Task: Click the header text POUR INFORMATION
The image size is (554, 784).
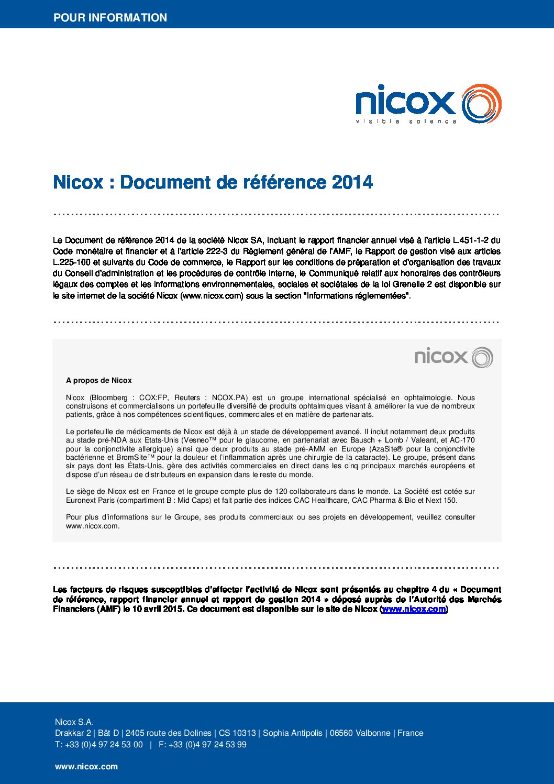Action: point(110,17)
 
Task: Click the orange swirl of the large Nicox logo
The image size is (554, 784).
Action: point(482,104)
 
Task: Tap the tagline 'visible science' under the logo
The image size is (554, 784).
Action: point(406,122)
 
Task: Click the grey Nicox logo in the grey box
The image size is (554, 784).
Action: point(453,357)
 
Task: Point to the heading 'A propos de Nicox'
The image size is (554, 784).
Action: point(98,380)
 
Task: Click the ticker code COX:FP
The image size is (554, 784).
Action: point(153,397)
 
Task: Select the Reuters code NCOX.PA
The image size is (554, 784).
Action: point(230,397)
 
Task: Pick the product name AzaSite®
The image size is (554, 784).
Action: point(386,449)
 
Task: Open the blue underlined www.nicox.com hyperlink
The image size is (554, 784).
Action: point(414,609)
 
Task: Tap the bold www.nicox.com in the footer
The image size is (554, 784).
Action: point(86,766)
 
